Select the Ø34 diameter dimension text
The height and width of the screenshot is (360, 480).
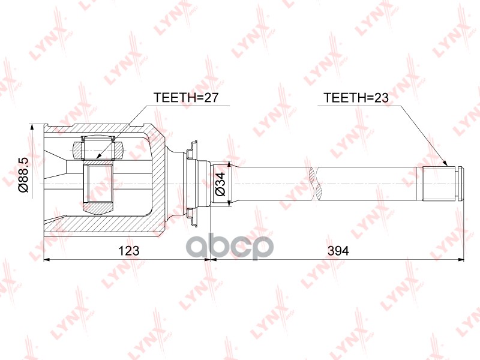pos(220,185)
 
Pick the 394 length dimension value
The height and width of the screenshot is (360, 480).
pos(337,251)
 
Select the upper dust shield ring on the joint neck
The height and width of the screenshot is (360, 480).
pos(193,149)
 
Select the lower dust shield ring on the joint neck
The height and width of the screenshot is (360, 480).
pos(193,217)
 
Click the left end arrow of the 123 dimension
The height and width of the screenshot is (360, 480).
pos(47,260)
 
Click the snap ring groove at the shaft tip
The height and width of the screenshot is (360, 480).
pos(460,184)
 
